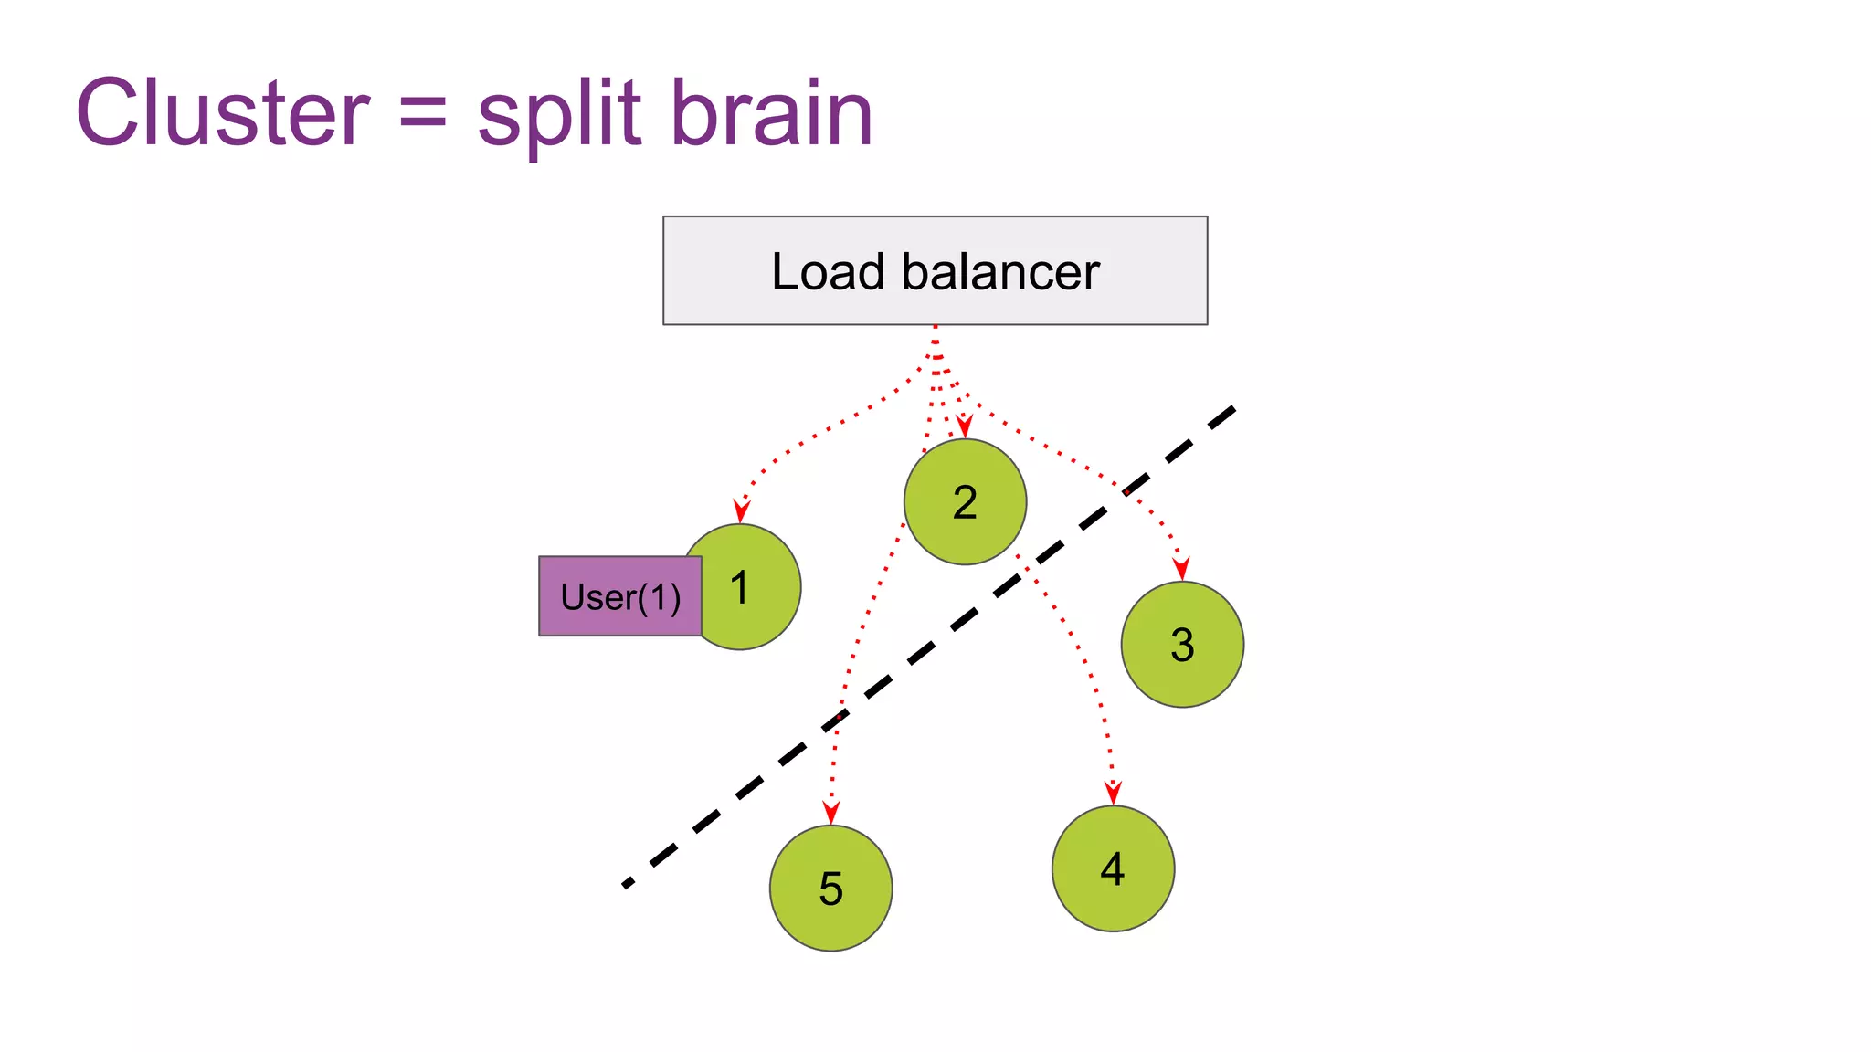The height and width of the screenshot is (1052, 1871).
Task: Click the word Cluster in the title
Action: click(x=222, y=113)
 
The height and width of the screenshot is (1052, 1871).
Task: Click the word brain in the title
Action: click(x=772, y=113)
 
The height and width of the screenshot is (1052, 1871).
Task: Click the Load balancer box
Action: click(x=935, y=270)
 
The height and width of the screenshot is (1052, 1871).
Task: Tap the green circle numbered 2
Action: click(x=965, y=502)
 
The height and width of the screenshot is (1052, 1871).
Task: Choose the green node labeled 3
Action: click(x=1182, y=645)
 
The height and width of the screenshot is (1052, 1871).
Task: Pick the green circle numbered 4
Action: click(x=1113, y=868)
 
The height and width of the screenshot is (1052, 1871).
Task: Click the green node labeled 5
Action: click(x=830, y=889)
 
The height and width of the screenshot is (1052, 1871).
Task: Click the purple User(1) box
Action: click(x=619, y=596)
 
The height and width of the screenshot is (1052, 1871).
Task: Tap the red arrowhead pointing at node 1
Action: click(x=742, y=510)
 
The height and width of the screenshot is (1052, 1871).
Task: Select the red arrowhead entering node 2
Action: click(x=964, y=426)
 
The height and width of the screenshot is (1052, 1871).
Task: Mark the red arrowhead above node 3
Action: click(x=1181, y=568)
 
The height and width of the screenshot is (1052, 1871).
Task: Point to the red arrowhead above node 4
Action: click(x=1113, y=792)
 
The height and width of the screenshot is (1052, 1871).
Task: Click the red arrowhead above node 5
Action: click(x=830, y=812)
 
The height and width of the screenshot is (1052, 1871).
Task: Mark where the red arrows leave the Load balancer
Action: click(x=935, y=329)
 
